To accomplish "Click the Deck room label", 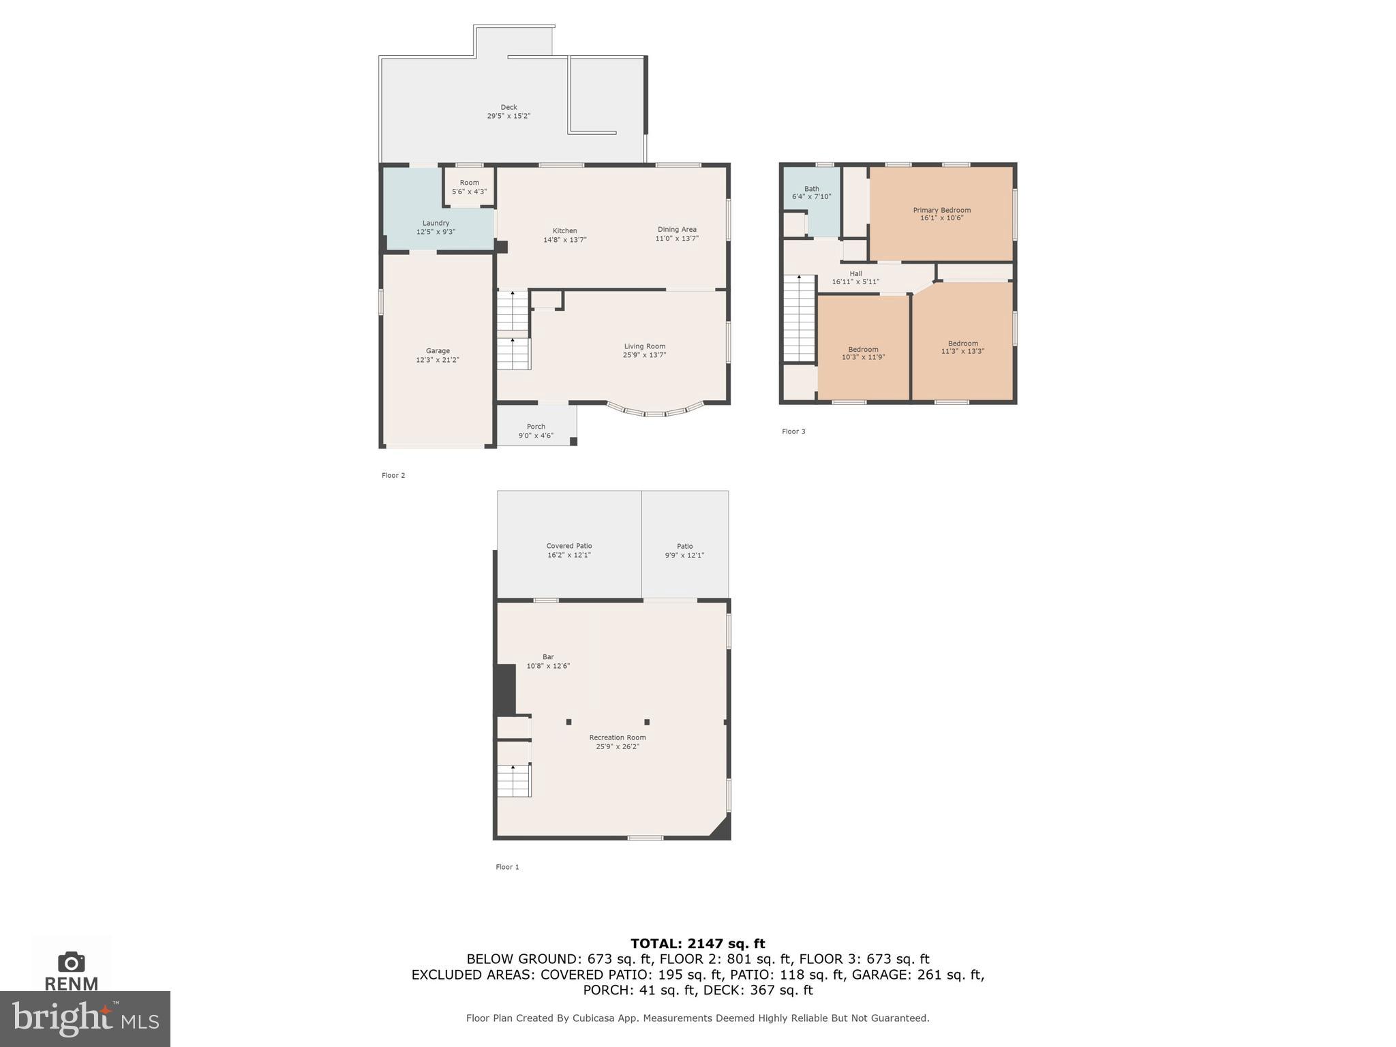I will point(509,107).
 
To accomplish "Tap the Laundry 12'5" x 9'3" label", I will point(436,228).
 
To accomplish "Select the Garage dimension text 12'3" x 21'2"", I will point(438,360).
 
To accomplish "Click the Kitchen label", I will point(564,231).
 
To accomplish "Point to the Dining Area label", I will point(677,230).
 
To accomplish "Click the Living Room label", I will point(644,346).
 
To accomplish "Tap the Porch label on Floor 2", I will point(536,427).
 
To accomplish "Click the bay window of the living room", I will point(655,412).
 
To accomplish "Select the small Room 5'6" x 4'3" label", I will point(469,187).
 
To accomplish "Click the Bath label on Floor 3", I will point(811,189).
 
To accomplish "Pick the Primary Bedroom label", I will point(941,210).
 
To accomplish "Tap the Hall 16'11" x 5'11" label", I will point(855,277).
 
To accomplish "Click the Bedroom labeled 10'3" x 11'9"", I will point(863,353).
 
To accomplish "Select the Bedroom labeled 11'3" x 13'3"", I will point(962,348).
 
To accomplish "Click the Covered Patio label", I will point(568,546).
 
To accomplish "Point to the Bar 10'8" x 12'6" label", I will point(548,661).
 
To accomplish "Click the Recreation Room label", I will point(617,738).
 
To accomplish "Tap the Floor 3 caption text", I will point(793,431).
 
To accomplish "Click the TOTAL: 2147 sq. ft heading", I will point(697,943).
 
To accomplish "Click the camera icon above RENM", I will point(72,962).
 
